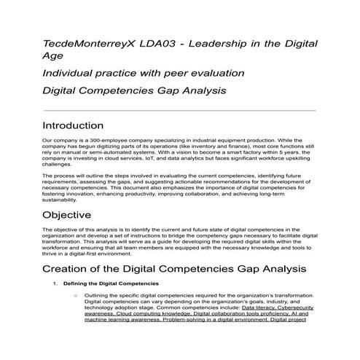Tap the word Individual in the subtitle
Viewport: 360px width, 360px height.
(x=69, y=74)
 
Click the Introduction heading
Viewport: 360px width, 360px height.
(x=82, y=125)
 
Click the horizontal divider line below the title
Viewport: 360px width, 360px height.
(x=179, y=109)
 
